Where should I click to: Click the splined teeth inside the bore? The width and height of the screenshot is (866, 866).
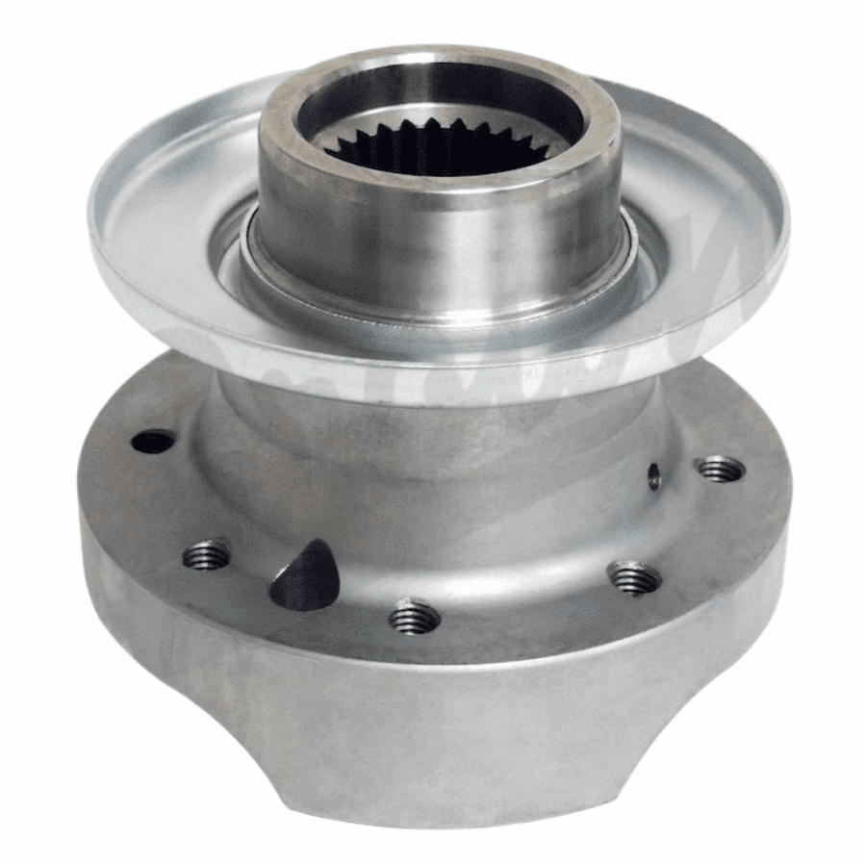[x=438, y=154]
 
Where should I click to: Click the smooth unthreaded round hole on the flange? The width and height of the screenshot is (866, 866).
[x=153, y=442]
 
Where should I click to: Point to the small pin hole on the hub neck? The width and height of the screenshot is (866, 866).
[x=654, y=475]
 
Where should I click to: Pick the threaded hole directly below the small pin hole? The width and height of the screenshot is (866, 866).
[x=634, y=578]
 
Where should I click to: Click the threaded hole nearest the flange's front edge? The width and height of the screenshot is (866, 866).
[x=415, y=617]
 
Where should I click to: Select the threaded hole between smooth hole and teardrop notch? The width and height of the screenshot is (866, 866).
[x=207, y=554]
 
